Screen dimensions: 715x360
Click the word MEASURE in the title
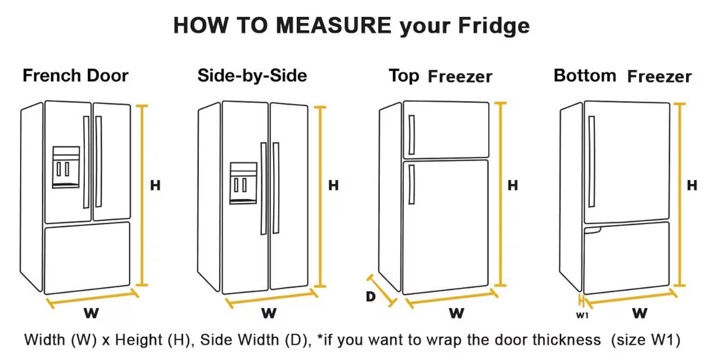tap(334, 25)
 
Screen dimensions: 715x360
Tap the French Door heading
tap(76, 75)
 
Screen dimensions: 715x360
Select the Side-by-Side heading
tap(252, 75)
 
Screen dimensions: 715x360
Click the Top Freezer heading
tap(440, 76)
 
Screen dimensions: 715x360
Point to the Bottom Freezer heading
tap(623, 76)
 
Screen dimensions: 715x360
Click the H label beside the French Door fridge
tap(155, 185)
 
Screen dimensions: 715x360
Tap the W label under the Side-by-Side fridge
tap(269, 313)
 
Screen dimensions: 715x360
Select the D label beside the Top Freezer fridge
tap(371, 296)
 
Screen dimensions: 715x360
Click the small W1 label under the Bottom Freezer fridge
tap(582, 315)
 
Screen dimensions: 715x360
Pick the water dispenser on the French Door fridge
tap(66, 167)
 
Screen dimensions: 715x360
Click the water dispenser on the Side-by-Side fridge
tap(244, 183)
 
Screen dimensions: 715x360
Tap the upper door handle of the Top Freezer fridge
tap(412, 135)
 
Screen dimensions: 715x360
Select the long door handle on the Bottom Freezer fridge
tap(592, 162)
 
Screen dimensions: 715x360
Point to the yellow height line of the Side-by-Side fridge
tap(320, 196)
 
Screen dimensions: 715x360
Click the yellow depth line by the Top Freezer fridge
tap(382, 291)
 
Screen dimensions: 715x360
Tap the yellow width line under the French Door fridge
tap(92, 298)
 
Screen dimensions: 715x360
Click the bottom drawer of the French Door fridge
tap(87, 258)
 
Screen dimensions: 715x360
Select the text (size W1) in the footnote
tap(645, 340)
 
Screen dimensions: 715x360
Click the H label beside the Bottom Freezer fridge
tap(692, 185)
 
